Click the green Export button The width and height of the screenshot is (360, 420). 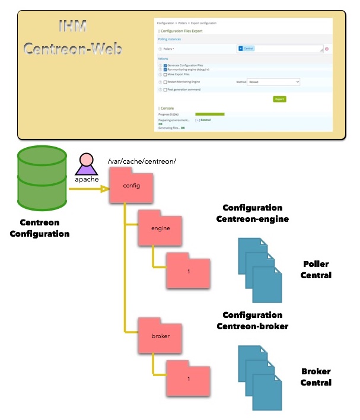tap(279, 99)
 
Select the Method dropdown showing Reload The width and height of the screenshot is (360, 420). tap(273, 82)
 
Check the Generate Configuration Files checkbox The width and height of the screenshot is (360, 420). tap(165, 65)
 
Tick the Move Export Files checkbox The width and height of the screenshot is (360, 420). tap(165, 75)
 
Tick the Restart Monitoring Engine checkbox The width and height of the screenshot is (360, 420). tap(165, 82)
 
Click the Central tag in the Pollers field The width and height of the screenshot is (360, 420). tap(247, 48)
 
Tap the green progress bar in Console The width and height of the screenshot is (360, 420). tap(209, 113)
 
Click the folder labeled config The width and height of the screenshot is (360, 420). tap(131, 186)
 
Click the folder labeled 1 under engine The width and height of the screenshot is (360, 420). tap(188, 271)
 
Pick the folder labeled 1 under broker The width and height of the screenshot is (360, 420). tap(188, 378)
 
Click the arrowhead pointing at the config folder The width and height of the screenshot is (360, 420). tap(105, 190)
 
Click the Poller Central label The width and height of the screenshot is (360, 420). tap(316, 269)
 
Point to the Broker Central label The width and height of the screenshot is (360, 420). tap(316, 377)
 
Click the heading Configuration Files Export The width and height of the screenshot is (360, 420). tap(192, 30)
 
